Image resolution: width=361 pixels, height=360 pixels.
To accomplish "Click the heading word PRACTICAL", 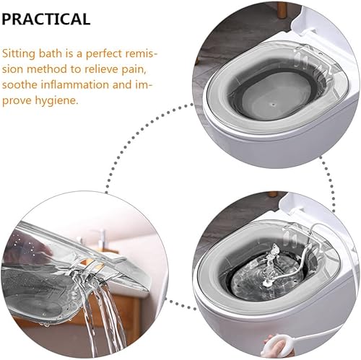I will pyautogui.click(x=46, y=19).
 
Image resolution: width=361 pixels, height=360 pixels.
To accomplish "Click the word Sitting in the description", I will pyautogui.click(x=22, y=54).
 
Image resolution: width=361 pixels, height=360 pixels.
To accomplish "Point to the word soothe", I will pyautogui.click(x=23, y=85).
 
